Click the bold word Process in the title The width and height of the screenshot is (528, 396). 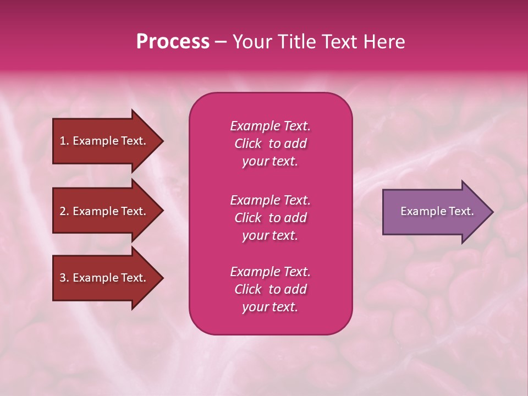(x=173, y=42)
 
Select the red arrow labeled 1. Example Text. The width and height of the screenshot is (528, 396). (x=105, y=141)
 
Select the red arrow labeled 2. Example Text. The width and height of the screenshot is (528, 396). (x=105, y=211)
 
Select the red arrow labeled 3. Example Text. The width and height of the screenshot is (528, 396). (x=105, y=278)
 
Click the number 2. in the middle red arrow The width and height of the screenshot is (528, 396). (x=64, y=211)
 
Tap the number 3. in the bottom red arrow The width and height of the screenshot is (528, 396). (x=64, y=278)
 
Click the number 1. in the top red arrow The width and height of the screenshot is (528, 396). (x=64, y=141)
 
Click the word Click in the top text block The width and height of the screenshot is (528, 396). (x=248, y=144)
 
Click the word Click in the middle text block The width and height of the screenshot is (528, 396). (x=248, y=218)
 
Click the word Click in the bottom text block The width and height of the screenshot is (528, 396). (x=248, y=289)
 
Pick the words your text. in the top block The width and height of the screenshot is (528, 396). (x=270, y=161)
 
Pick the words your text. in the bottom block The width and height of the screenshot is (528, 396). (x=270, y=307)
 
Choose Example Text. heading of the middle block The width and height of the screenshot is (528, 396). (x=270, y=200)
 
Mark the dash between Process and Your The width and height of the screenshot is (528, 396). (x=221, y=42)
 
